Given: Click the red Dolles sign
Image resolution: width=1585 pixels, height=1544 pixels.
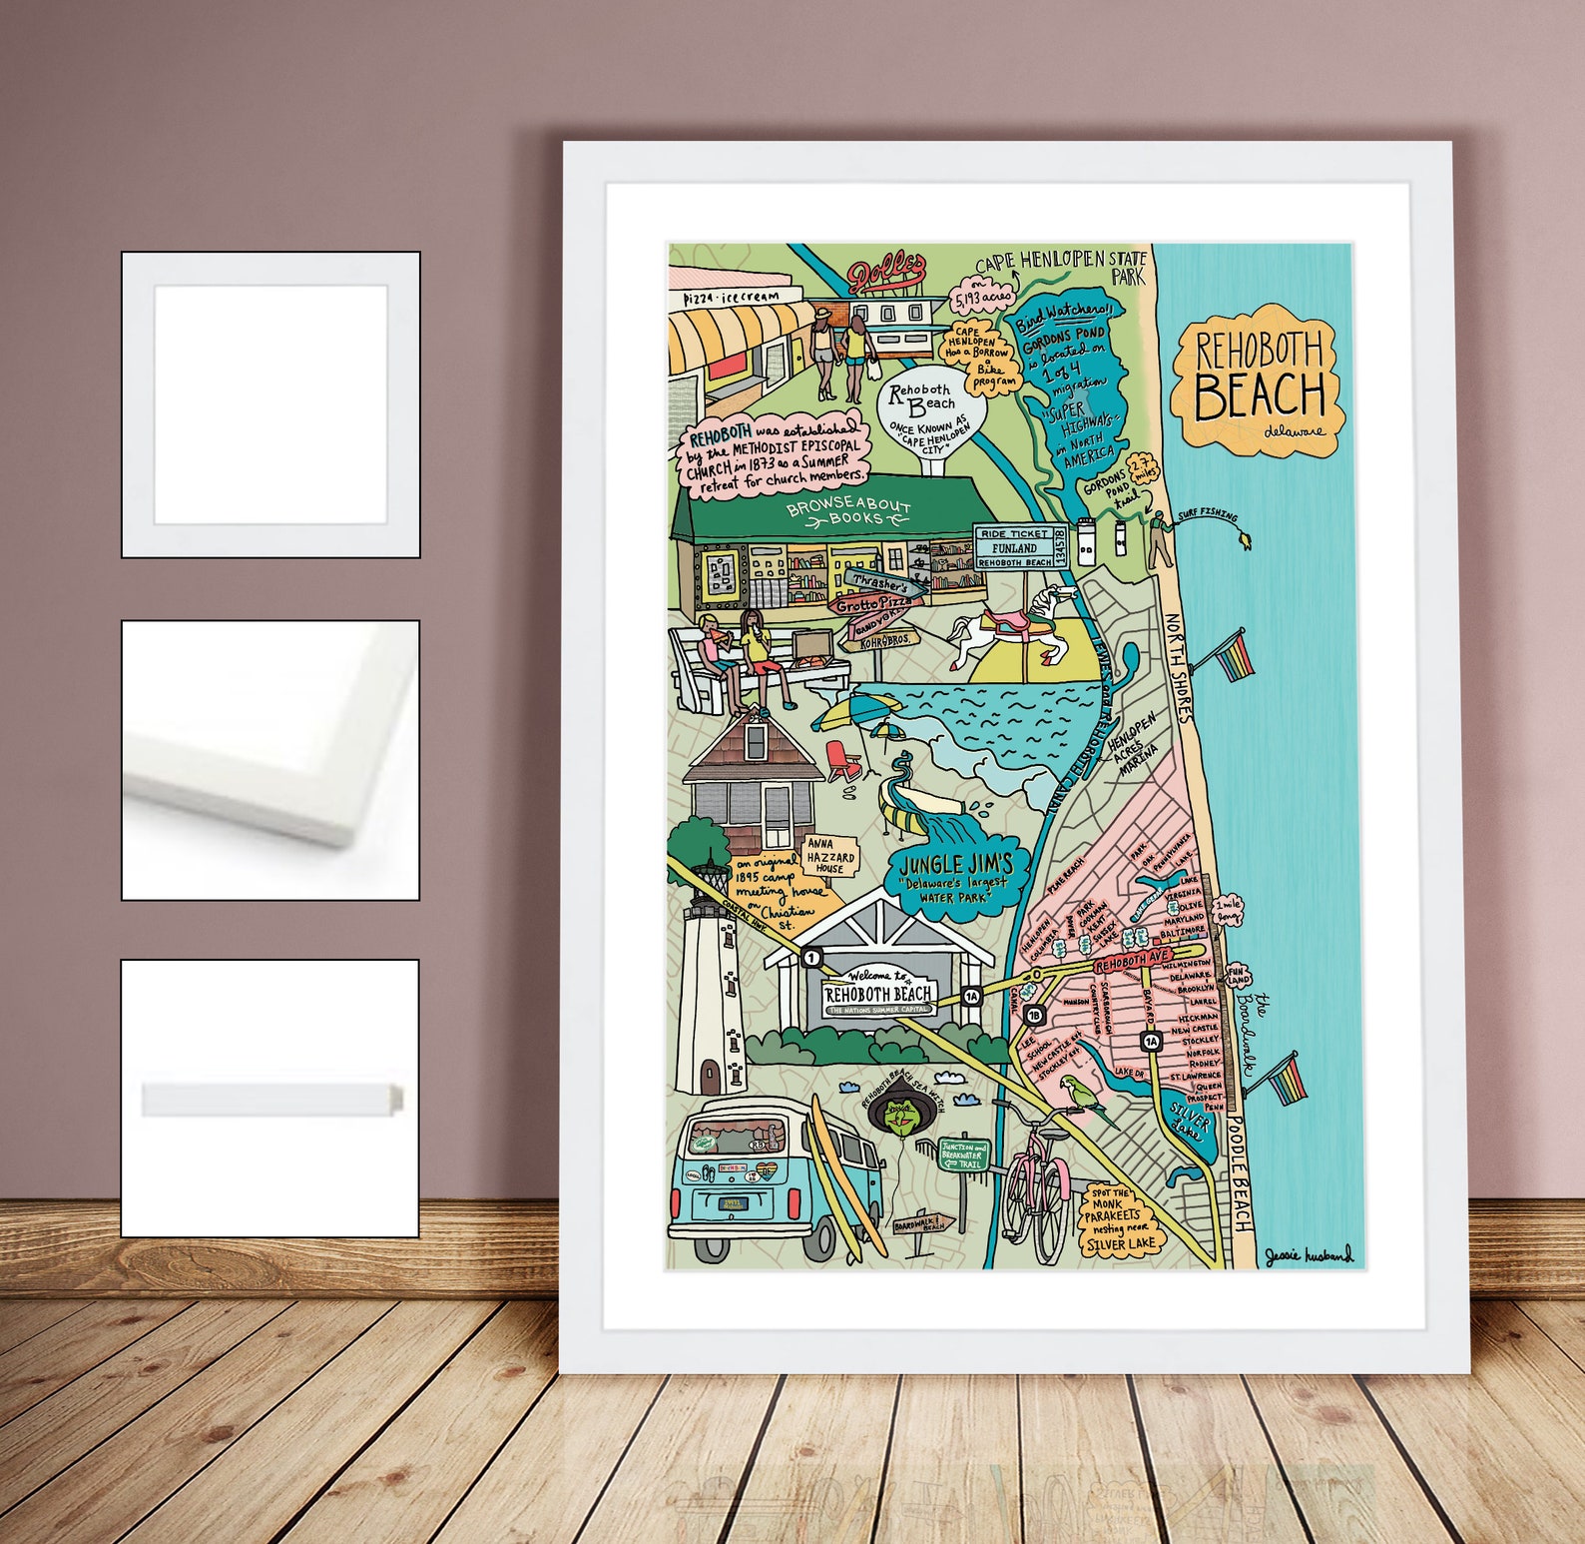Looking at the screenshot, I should pyautogui.click(x=887, y=273).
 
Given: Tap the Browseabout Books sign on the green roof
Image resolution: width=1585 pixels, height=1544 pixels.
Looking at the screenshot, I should pyautogui.click(x=847, y=512).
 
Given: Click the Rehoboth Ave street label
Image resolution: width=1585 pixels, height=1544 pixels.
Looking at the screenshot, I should pyautogui.click(x=1131, y=965).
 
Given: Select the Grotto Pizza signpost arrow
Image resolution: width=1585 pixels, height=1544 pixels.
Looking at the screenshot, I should pyautogui.click(x=874, y=605).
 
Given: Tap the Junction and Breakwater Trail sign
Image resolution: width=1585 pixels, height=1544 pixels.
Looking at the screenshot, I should pyautogui.click(x=963, y=1156).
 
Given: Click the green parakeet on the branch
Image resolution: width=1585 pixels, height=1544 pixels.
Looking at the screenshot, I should pyautogui.click(x=1080, y=1096).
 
